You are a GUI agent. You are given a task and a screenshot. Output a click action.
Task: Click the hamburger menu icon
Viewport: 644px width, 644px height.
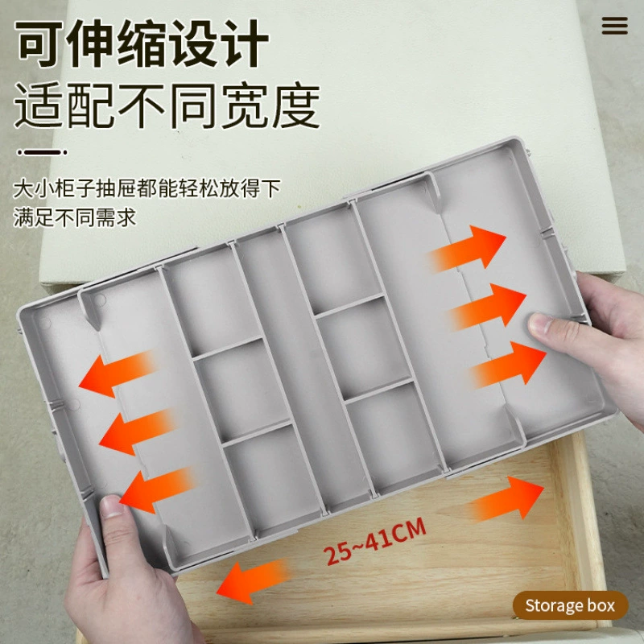point(614,26)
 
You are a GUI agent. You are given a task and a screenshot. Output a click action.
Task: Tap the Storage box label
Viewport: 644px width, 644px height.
point(570,605)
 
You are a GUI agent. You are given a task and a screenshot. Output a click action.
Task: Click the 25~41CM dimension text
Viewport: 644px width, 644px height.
point(374,541)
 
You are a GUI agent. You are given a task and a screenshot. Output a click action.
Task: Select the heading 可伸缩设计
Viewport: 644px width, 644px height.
point(142,43)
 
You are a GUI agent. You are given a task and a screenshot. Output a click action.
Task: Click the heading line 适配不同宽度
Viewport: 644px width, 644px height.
point(167,106)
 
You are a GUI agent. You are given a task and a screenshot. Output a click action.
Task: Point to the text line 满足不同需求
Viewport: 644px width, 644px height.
point(74,217)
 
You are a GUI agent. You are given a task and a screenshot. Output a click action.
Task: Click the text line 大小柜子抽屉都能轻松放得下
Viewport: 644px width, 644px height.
point(147,188)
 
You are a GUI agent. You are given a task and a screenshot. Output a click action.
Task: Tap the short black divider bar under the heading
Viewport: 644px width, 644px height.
point(42,152)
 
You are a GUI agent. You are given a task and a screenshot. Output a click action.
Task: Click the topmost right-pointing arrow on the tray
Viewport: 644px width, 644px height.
point(469,248)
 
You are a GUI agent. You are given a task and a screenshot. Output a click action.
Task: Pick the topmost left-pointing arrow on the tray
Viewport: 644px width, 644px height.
point(117,374)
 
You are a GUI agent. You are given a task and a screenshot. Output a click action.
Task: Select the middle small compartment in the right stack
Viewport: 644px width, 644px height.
point(365,346)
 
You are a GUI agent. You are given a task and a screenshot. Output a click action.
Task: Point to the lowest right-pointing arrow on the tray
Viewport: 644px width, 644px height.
point(508,365)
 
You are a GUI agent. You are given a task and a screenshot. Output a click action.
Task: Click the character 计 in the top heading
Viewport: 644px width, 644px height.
point(245,43)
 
